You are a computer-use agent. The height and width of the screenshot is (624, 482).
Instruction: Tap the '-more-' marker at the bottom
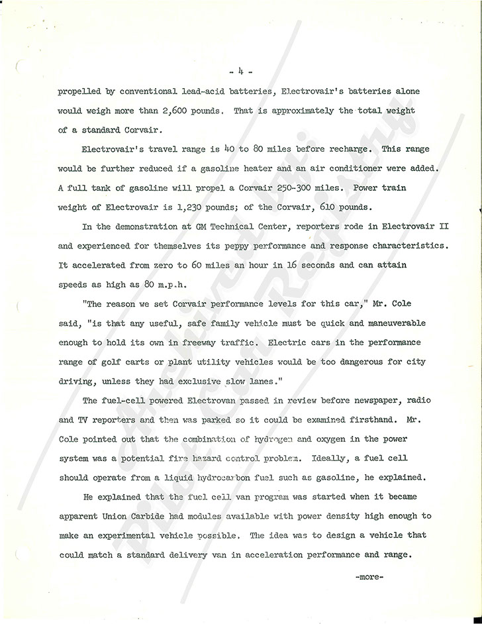tap(369, 576)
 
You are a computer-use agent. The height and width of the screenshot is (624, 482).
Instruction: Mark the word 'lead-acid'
tap(217, 91)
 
